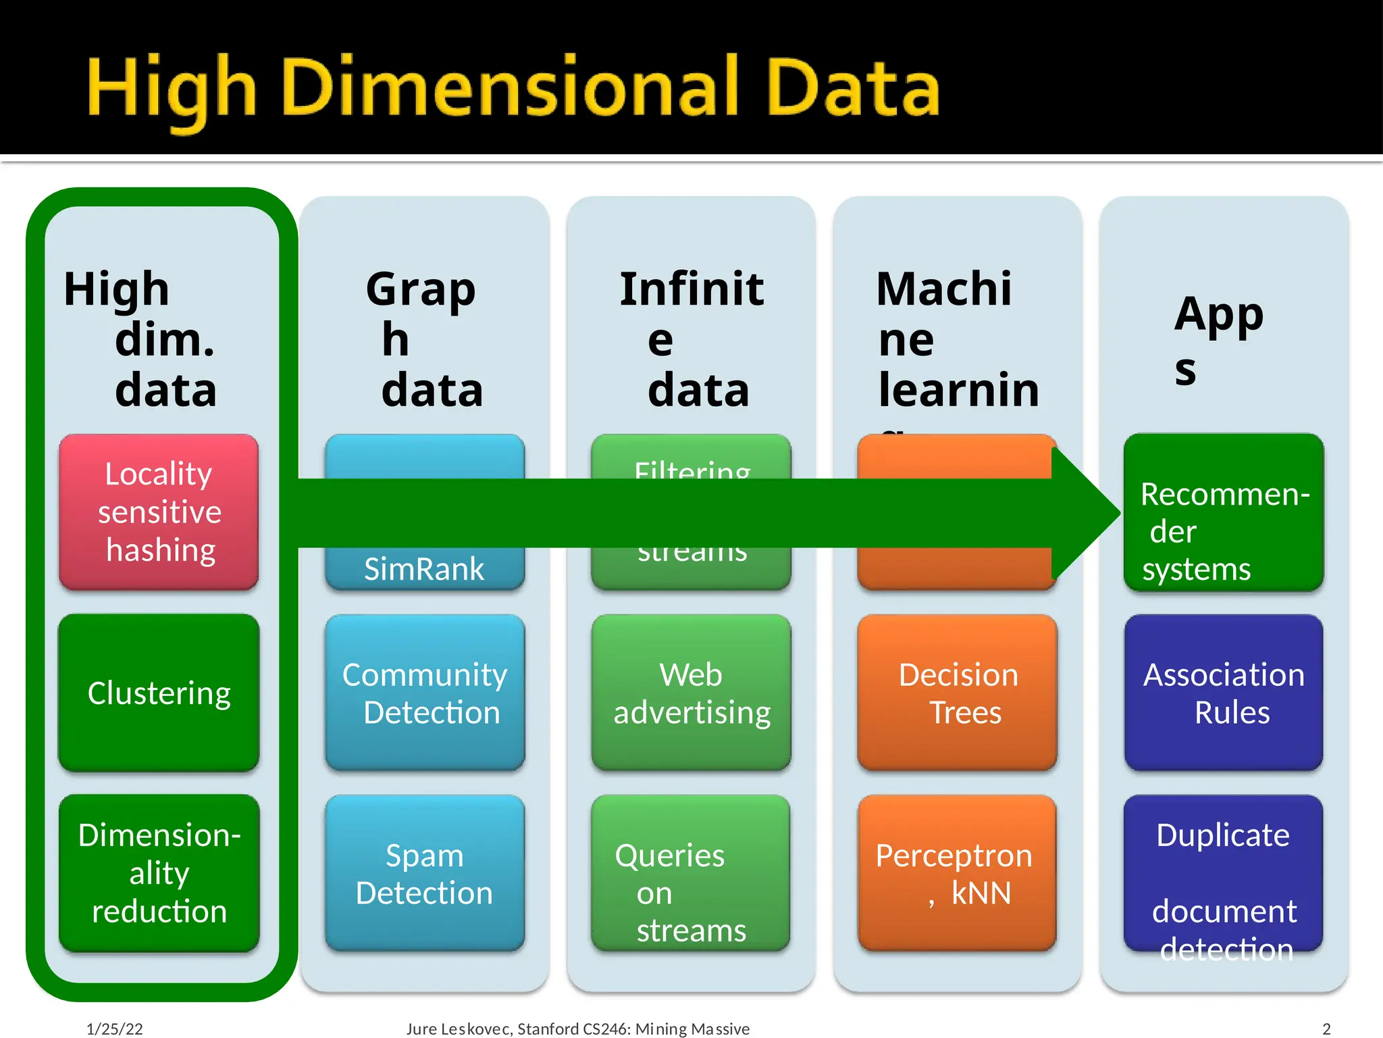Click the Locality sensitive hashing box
159,512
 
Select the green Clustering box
159,693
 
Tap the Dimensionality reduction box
159,872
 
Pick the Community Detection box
425,693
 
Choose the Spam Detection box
425,873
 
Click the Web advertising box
691,693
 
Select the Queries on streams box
691,873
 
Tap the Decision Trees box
957,693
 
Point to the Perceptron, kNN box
957,873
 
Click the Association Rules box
1224,693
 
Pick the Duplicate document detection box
1224,873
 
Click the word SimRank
424,569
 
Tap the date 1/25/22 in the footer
115,1029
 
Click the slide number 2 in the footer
1326,1029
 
